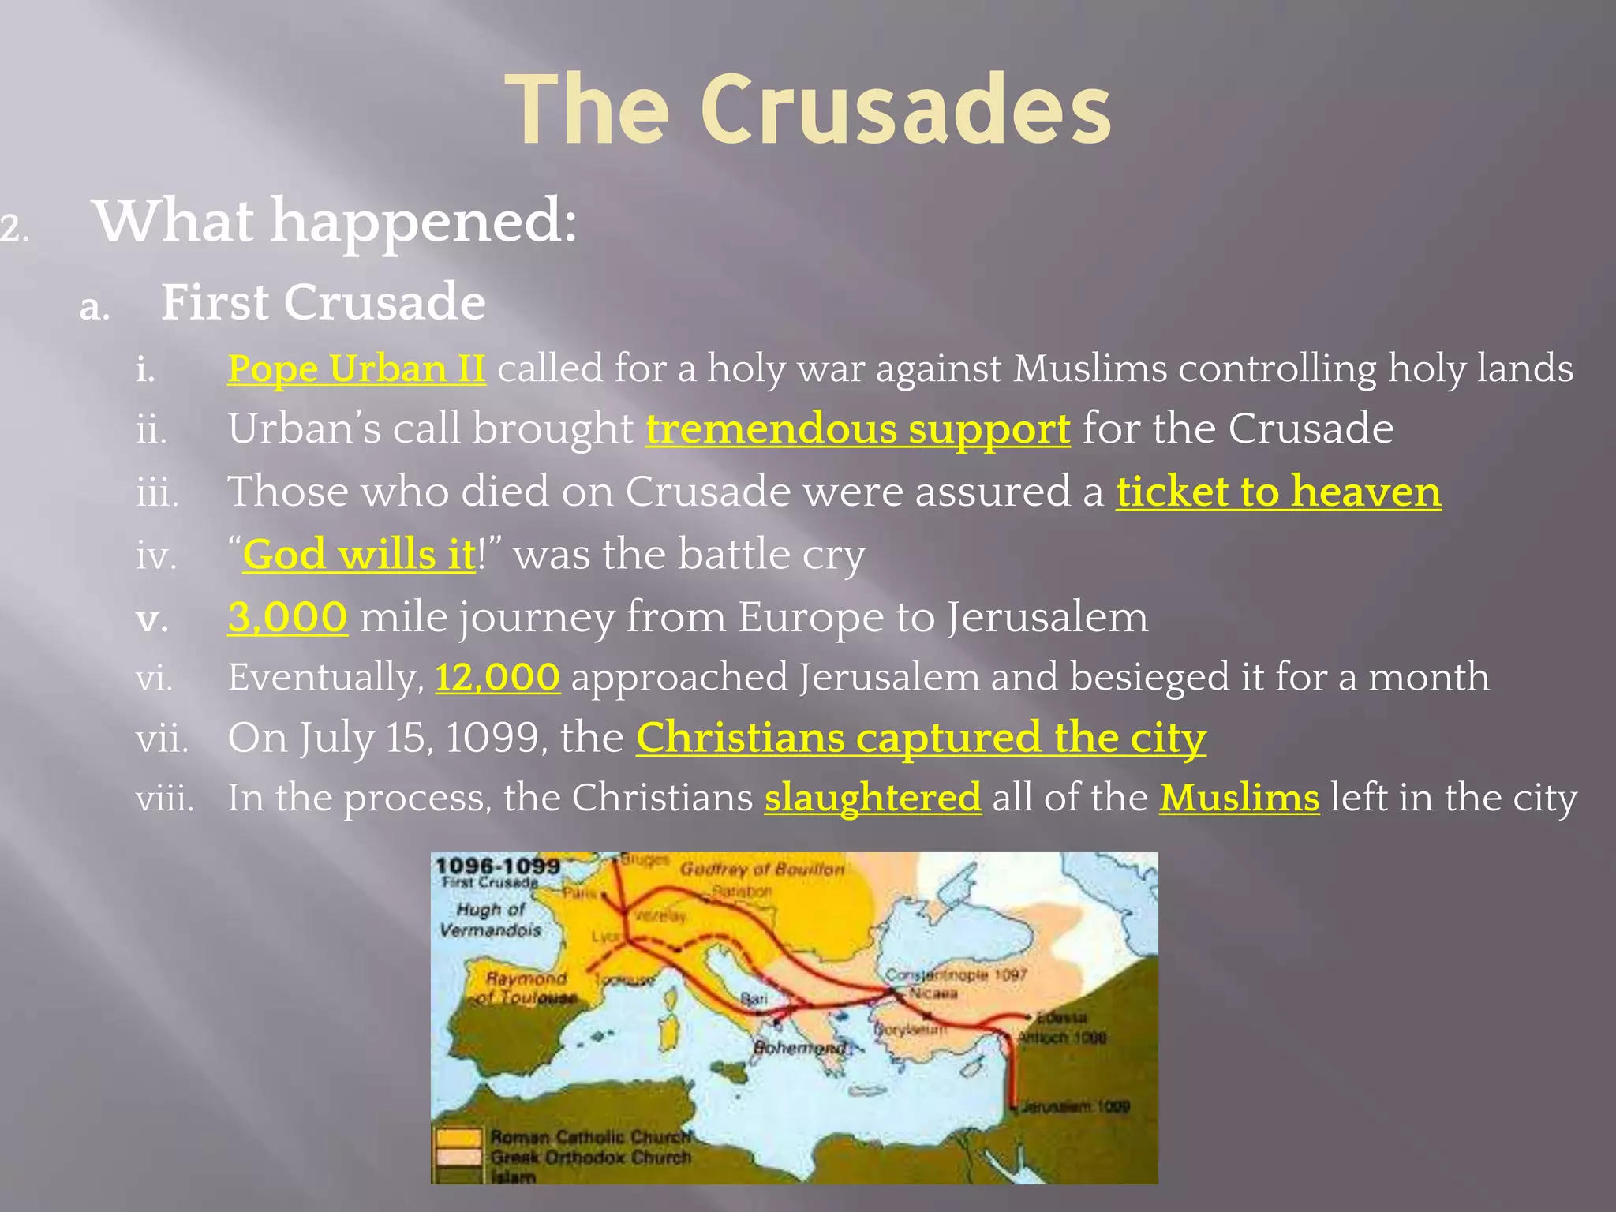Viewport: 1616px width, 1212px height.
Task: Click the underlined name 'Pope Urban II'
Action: tap(357, 368)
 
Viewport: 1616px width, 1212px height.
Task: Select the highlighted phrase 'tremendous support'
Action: tap(858, 429)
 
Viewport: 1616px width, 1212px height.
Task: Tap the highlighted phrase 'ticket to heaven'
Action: tap(1278, 492)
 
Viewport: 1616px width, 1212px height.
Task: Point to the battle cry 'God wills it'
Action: tap(359, 554)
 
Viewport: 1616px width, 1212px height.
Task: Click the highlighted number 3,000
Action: tap(287, 616)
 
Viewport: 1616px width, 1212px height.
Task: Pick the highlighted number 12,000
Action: tap(497, 677)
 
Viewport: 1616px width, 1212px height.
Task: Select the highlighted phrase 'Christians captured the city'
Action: tap(921, 738)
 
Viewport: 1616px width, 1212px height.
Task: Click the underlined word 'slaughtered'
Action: tap(873, 798)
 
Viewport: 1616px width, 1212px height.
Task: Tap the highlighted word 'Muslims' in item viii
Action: tap(1239, 798)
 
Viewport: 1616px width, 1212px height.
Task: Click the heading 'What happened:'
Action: tap(335, 221)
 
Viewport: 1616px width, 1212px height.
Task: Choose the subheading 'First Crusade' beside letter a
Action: tap(323, 302)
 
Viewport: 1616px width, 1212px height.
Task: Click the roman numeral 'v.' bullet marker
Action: tap(151, 619)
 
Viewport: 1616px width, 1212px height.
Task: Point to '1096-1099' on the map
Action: tap(498, 866)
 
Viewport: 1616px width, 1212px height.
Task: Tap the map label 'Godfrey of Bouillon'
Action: tap(762, 870)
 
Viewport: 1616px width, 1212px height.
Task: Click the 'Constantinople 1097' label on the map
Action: tap(955, 975)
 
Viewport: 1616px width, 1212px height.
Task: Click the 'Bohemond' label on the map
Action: tap(799, 1048)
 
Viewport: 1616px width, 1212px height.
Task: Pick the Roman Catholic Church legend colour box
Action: tap(458, 1138)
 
